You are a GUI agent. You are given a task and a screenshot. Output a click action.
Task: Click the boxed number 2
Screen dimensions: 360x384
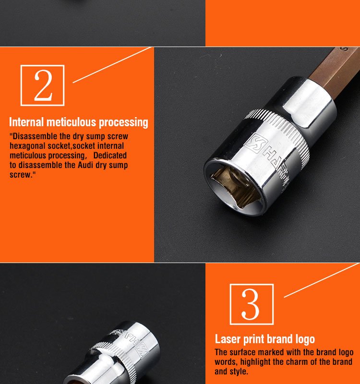tap(42, 85)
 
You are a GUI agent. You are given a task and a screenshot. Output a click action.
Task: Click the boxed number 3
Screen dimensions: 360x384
tap(252, 304)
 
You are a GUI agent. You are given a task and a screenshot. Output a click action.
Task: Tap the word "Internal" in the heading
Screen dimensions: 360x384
tap(26, 122)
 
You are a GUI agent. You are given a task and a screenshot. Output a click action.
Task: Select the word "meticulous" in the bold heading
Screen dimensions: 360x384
tap(71, 122)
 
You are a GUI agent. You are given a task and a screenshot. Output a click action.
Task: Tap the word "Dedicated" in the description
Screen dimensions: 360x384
tap(110, 155)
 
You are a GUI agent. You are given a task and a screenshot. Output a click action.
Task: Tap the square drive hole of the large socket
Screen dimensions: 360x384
tap(234, 187)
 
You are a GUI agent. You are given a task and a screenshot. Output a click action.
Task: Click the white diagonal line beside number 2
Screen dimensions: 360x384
tap(112, 65)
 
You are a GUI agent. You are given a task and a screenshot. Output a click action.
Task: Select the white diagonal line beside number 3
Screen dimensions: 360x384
tap(322, 280)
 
